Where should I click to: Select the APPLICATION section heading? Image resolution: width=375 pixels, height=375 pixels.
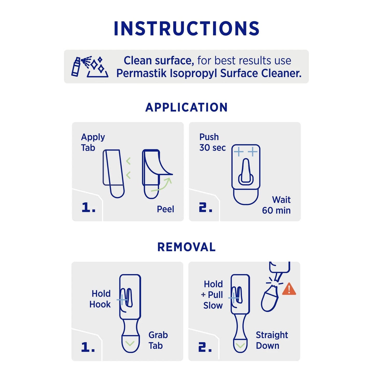187,107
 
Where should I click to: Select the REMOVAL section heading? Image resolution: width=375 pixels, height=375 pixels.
187,247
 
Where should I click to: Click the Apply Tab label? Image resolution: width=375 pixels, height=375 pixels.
93,142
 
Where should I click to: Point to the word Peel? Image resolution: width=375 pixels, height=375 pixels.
165,209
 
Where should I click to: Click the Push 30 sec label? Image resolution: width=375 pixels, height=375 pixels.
212,142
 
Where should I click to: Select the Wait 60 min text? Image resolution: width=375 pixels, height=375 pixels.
277,205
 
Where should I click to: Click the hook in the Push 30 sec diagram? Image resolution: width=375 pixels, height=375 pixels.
246,172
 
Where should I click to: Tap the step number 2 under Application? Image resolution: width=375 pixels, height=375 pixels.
206,208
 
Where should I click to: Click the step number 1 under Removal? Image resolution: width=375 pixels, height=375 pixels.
88,347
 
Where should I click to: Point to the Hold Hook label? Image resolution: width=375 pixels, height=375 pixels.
100,299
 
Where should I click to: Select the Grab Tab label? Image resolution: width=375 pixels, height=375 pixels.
158,340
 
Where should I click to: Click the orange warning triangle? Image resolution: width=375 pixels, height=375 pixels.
289,289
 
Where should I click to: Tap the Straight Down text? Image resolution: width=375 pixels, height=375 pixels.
271,340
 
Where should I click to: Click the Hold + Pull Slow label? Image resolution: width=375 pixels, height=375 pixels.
213,295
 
